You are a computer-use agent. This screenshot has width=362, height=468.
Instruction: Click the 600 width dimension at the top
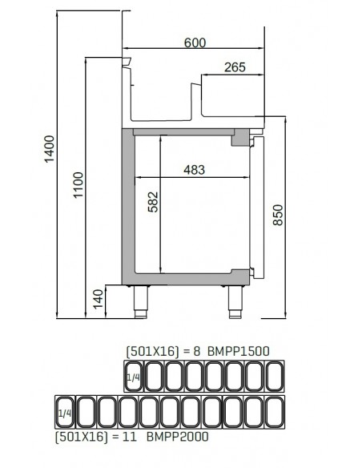(x=195, y=42)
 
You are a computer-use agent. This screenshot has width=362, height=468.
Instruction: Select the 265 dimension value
(x=234, y=68)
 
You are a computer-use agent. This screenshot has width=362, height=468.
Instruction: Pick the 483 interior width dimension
(x=195, y=169)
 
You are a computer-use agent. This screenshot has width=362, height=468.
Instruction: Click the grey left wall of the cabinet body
(x=127, y=205)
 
